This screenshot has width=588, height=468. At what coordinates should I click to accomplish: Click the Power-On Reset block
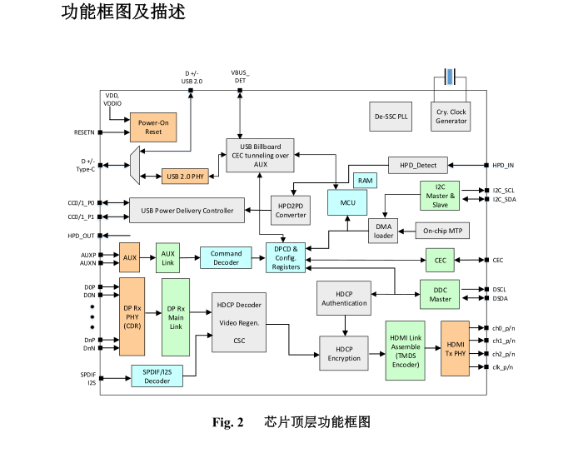click(153, 127)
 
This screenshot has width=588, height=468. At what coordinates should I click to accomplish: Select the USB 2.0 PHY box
click(185, 177)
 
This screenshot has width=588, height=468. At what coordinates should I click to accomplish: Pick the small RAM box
click(365, 181)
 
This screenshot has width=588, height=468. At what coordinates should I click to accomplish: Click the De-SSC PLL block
click(390, 117)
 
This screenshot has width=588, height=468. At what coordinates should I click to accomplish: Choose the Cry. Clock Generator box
click(451, 117)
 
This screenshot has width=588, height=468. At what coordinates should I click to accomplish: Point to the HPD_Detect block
click(418, 165)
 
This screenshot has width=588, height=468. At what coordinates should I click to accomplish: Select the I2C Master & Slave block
click(441, 196)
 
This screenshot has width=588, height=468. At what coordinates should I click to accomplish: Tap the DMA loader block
click(383, 231)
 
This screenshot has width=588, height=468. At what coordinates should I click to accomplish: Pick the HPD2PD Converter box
click(291, 210)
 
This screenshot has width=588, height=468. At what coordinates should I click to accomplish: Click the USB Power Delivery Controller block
click(187, 211)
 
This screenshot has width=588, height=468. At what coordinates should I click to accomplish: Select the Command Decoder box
click(226, 257)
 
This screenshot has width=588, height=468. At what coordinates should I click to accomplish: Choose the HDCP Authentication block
click(344, 298)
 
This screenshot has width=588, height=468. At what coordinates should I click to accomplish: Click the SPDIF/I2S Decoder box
click(157, 376)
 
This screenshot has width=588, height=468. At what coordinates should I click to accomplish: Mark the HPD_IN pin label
click(504, 165)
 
